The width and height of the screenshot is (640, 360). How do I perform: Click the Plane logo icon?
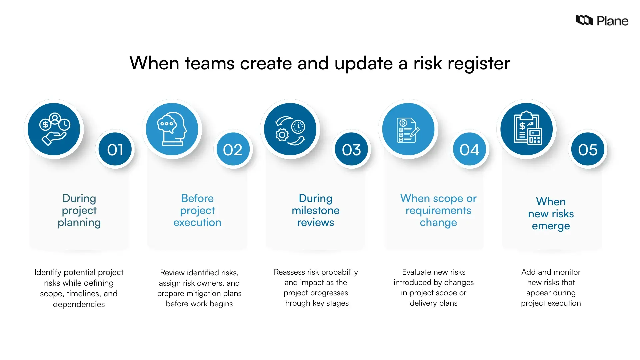[x=584, y=20]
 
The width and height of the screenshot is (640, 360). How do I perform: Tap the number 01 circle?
[x=115, y=150]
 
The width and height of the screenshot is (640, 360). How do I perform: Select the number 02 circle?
[x=233, y=150]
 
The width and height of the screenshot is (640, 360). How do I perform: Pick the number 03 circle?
[x=351, y=150]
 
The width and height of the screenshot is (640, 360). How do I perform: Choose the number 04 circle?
[x=469, y=150]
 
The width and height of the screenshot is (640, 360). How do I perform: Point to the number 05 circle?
[x=588, y=150]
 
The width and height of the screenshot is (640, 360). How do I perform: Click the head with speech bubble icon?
[x=172, y=129]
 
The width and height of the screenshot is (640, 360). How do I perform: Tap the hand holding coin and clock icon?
[x=54, y=129]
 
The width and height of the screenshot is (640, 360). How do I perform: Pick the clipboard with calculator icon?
[x=527, y=129]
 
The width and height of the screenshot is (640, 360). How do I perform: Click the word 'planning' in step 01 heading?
[x=79, y=223]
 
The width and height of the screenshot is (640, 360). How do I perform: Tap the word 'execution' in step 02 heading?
[x=197, y=223]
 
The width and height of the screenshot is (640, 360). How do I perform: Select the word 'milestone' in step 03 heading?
[x=315, y=211]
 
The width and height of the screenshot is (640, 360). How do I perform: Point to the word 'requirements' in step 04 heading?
[x=438, y=211]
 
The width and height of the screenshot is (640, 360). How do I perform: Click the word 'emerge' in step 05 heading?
[x=551, y=226]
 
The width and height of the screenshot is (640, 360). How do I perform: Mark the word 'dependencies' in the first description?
[x=79, y=304]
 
